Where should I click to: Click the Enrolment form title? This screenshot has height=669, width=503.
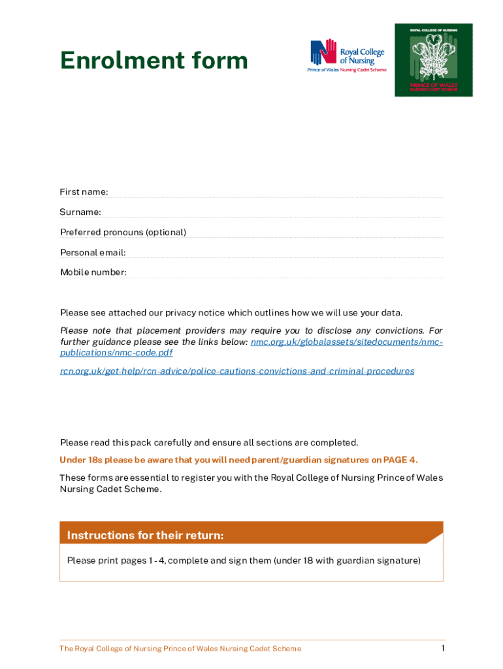click(x=154, y=61)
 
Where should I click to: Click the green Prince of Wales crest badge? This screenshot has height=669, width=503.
click(x=433, y=60)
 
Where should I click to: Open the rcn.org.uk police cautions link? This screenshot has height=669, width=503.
click(x=237, y=371)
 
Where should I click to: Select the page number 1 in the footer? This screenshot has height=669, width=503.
click(x=443, y=648)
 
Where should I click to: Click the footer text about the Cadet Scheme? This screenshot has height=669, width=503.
click(x=180, y=649)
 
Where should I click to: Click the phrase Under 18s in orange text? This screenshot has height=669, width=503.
click(x=79, y=460)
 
